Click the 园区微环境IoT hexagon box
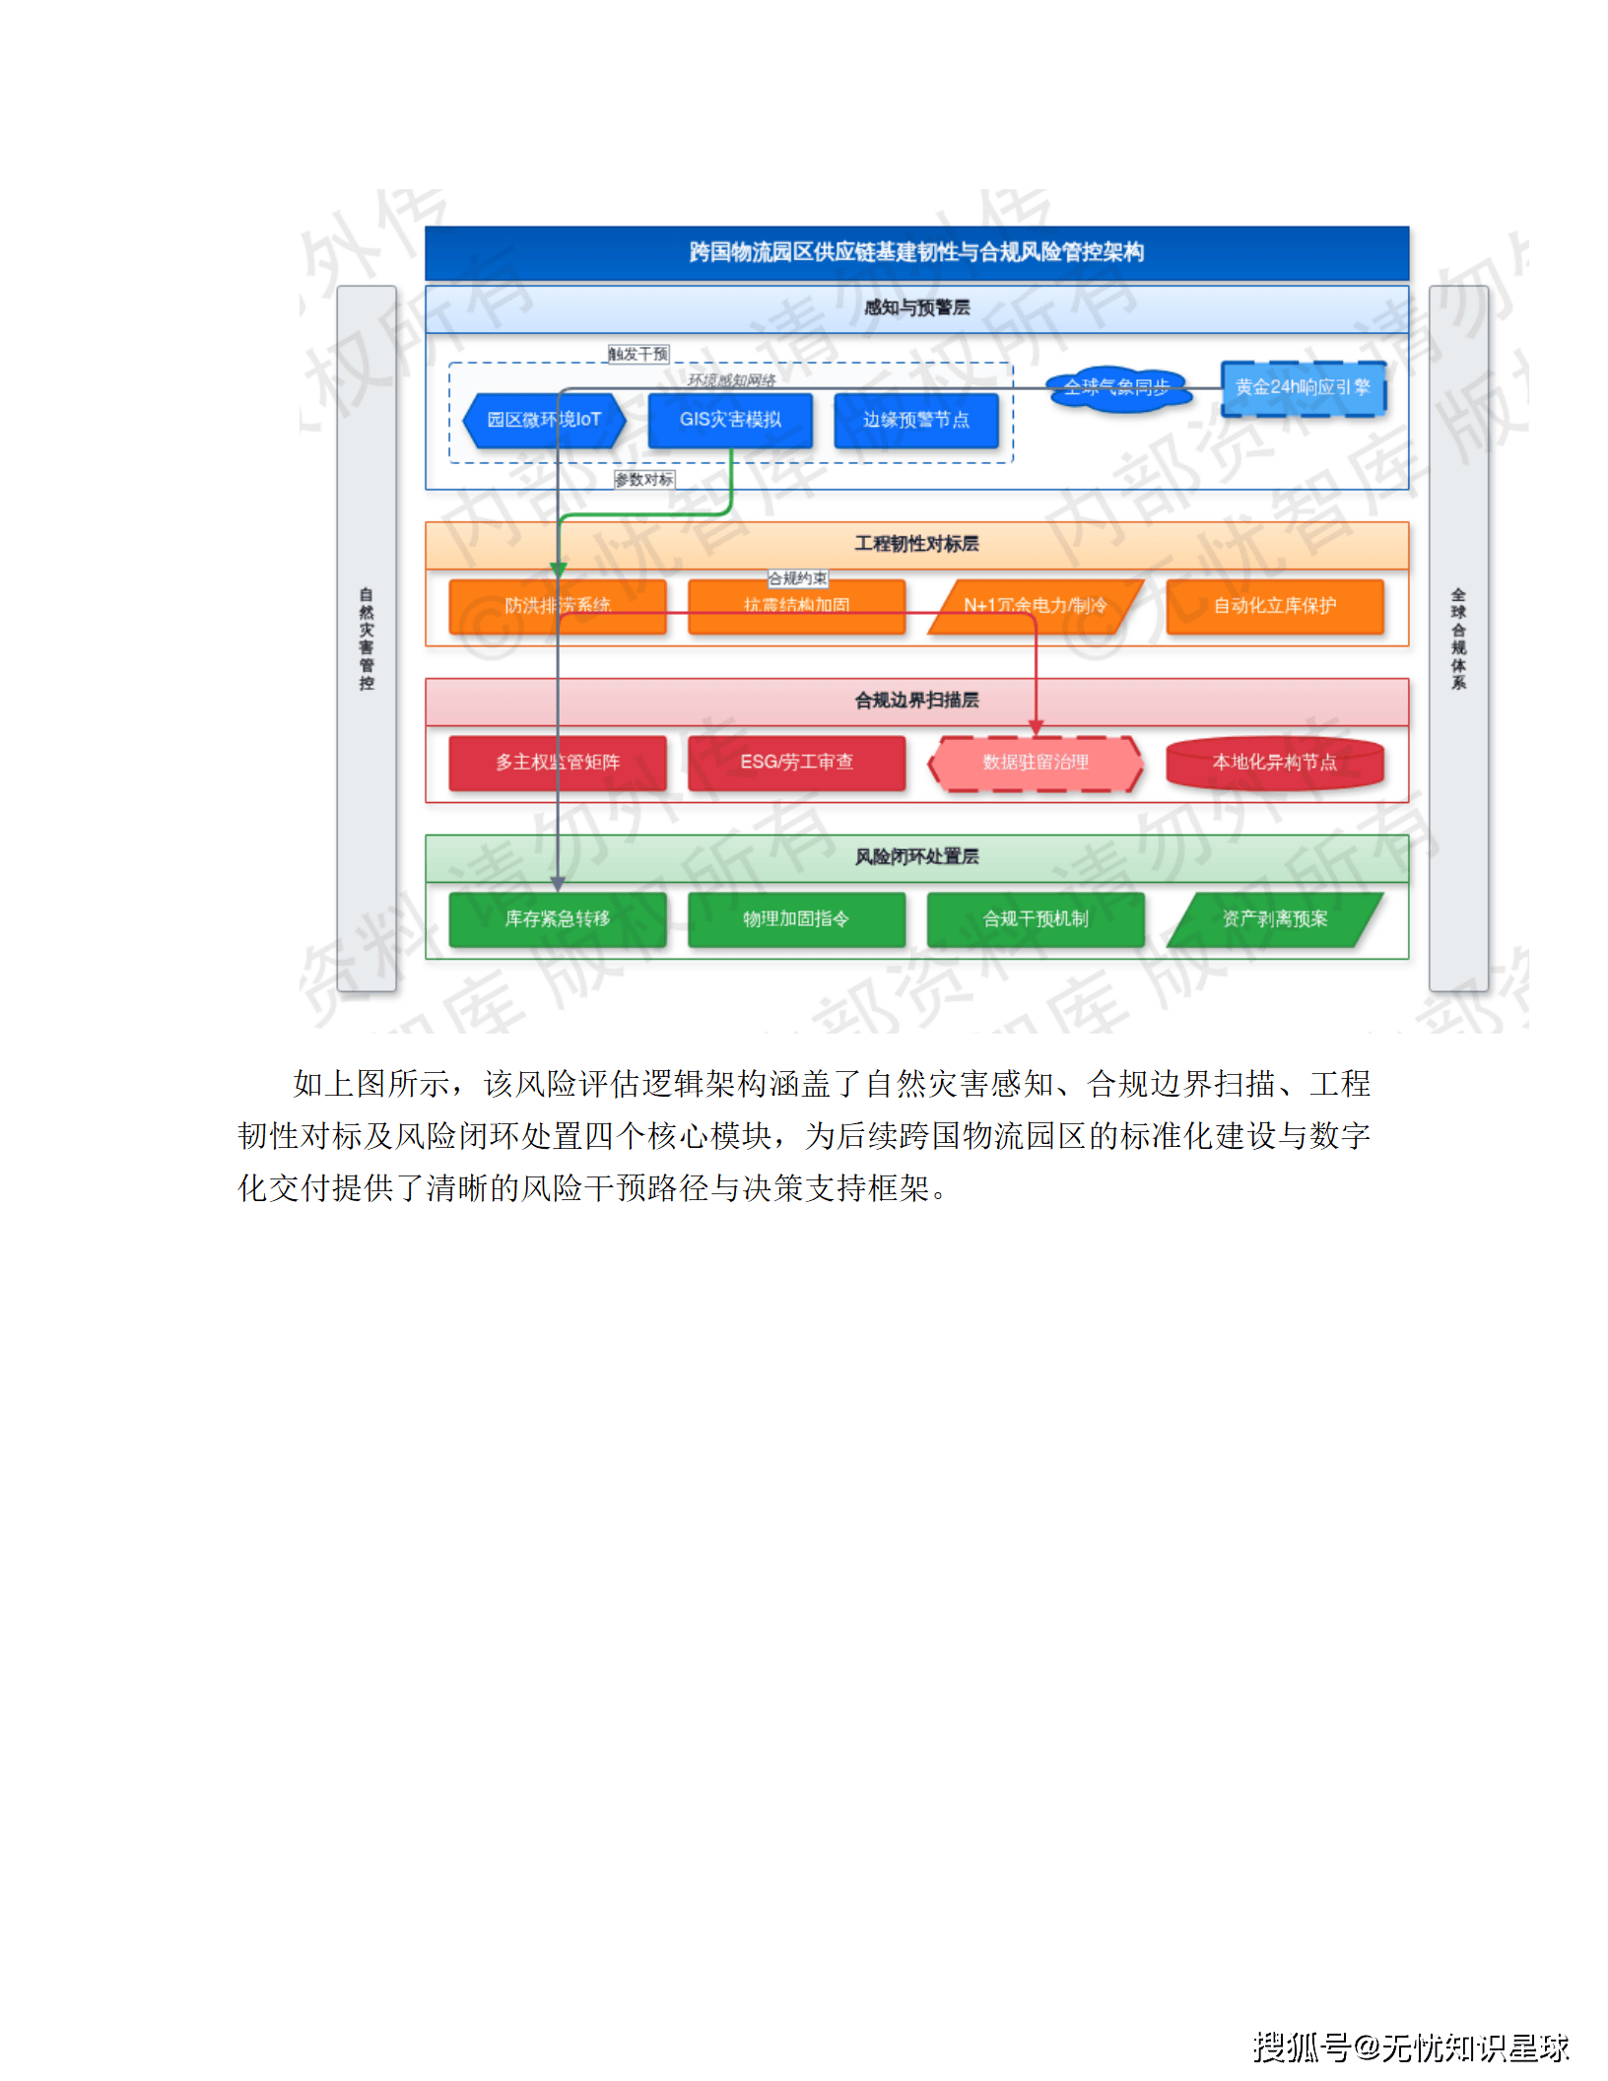point(544,421)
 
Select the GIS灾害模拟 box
point(730,421)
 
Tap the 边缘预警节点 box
point(916,421)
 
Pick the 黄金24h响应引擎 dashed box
point(1303,388)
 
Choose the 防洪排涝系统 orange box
point(558,606)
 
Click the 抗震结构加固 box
point(796,606)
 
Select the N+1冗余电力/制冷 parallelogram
point(1035,606)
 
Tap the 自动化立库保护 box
point(1274,606)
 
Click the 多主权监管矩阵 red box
point(558,763)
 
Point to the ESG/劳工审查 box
point(796,763)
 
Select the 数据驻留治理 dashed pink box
point(1035,763)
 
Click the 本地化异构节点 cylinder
point(1274,763)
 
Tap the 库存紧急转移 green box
point(558,919)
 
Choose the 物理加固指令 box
point(796,919)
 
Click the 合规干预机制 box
point(1035,919)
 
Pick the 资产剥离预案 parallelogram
point(1274,919)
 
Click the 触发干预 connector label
point(638,355)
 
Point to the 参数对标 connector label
point(644,480)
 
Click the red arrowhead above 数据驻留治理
point(1036,728)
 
